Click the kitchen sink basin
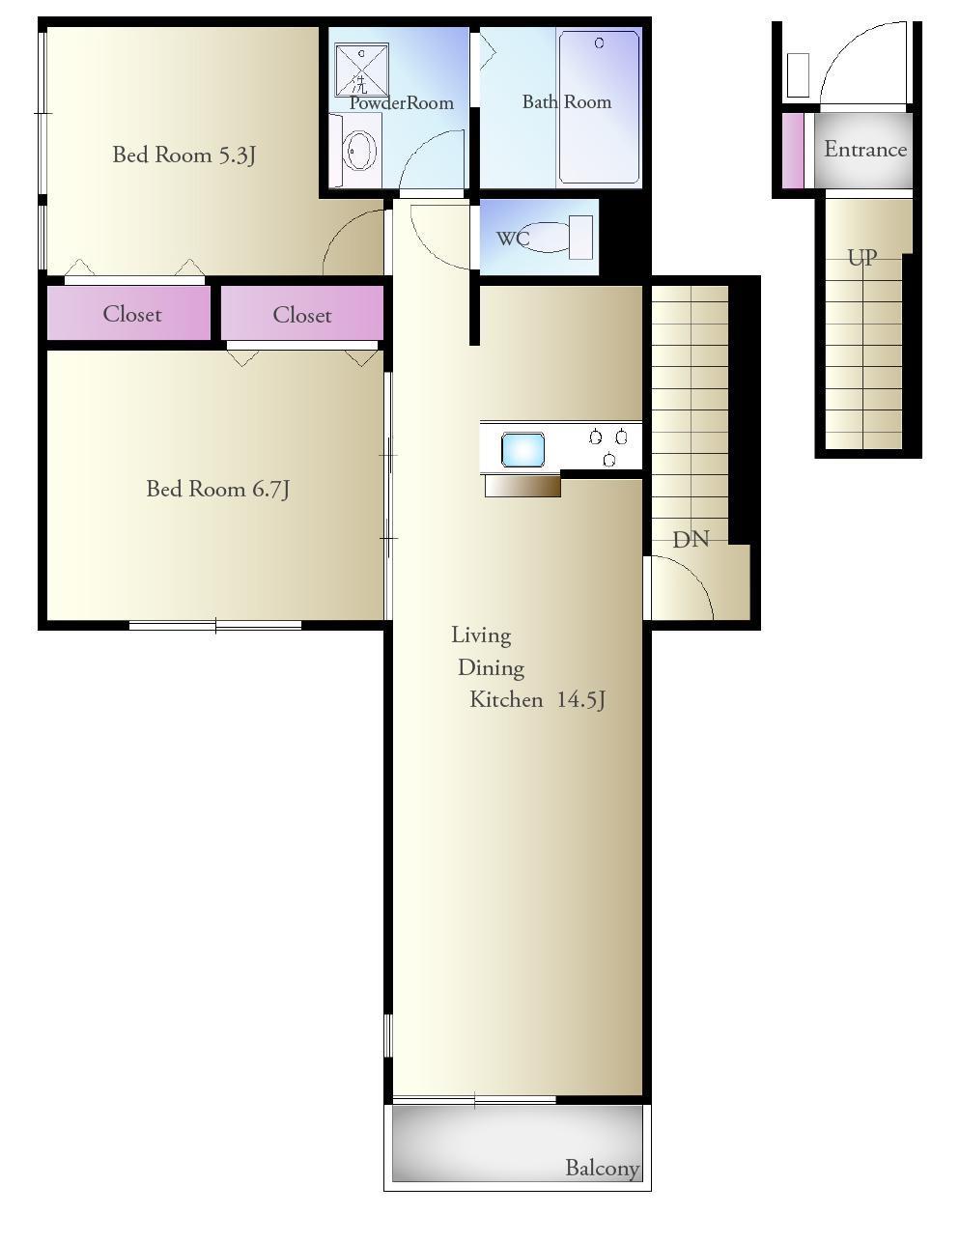click(522, 450)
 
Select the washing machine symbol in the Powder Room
click(362, 70)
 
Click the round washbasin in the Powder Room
click(360, 151)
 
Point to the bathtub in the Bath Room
click(599, 107)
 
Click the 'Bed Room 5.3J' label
click(184, 155)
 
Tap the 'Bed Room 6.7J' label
click(217, 490)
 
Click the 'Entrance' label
click(865, 150)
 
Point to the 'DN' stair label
click(691, 539)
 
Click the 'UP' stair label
click(862, 258)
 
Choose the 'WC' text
click(513, 239)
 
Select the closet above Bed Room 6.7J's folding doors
click(301, 313)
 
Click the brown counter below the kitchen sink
click(522, 487)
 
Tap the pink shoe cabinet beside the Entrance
click(793, 151)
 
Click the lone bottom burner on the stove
click(609, 460)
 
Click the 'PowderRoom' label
click(401, 103)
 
